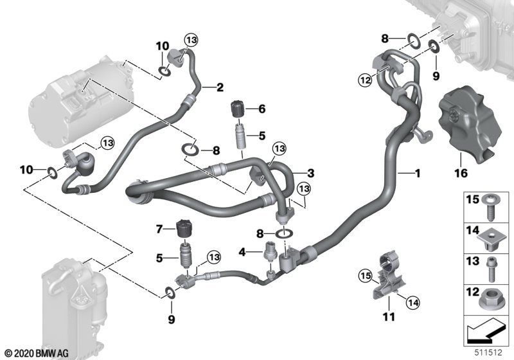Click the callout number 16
click(x=460, y=173)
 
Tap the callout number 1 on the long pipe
click(x=418, y=173)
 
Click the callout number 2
click(x=220, y=87)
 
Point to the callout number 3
click(x=310, y=173)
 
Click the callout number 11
click(x=389, y=317)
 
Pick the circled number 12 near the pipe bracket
click(x=365, y=79)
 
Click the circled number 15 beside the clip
click(x=365, y=276)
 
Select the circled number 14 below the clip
click(x=412, y=302)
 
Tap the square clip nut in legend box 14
click(x=491, y=240)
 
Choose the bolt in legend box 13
click(x=490, y=269)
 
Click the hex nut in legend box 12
click(x=492, y=301)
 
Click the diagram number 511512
click(x=489, y=353)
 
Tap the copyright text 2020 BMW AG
click(x=37, y=354)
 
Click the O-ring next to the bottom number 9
click(x=170, y=292)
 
